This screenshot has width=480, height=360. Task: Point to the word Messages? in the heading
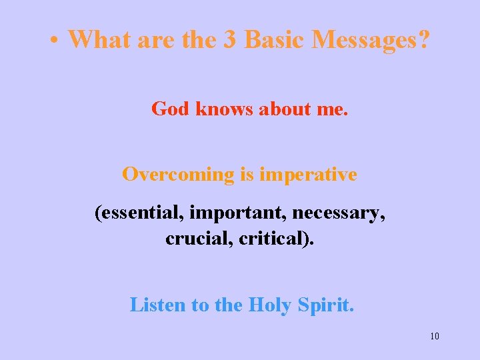373,39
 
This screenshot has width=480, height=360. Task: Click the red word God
171,109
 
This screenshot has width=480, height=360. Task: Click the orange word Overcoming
178,175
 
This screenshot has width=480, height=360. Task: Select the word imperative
308,175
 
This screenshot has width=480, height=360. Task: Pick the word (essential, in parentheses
139,213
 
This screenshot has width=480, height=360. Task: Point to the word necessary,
333,213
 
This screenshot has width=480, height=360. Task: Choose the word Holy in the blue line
269,305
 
